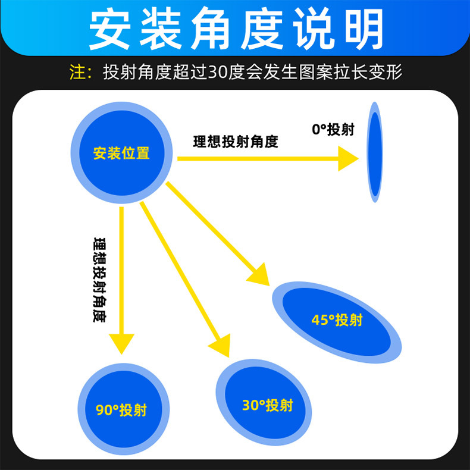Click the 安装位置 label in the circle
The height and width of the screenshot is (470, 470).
[x=121, y=153]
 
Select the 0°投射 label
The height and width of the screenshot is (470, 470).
[x=333, y=130]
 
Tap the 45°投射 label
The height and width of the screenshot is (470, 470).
[x=337, y=320]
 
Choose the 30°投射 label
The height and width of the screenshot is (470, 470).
[x=268, y=406]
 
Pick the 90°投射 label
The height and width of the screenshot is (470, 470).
[x=121, y=411]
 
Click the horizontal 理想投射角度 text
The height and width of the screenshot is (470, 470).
[x=236, y=142]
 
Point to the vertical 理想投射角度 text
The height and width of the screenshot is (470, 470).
[x=99, y=280]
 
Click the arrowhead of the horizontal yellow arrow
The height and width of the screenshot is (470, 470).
[x=347, y=159]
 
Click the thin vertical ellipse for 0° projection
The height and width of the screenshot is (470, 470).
[x=375, y=153]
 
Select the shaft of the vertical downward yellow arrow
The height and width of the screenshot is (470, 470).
[x=121, y=268]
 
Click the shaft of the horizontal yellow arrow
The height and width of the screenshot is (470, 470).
[x=256, y=159]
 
